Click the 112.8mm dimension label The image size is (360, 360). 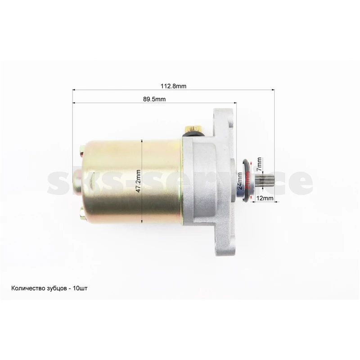(173, 86)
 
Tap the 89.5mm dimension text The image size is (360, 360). (154, 99)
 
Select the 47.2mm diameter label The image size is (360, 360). (138, 181)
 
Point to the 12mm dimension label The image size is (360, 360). (265, 198)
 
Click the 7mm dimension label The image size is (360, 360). (259, 164)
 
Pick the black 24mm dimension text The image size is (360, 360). (240, 181)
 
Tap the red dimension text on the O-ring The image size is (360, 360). (247, 180)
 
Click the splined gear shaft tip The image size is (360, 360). (262, 181)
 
